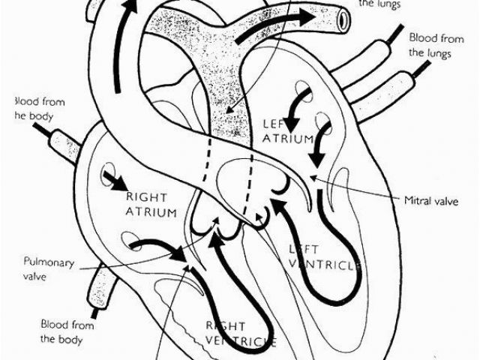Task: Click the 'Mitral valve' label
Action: (x=431, y=200)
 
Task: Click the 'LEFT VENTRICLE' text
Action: (x=324, y=256)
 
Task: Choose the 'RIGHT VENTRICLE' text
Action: (x=240, y=334)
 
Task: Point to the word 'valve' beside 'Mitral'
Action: (x=447, y=200)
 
